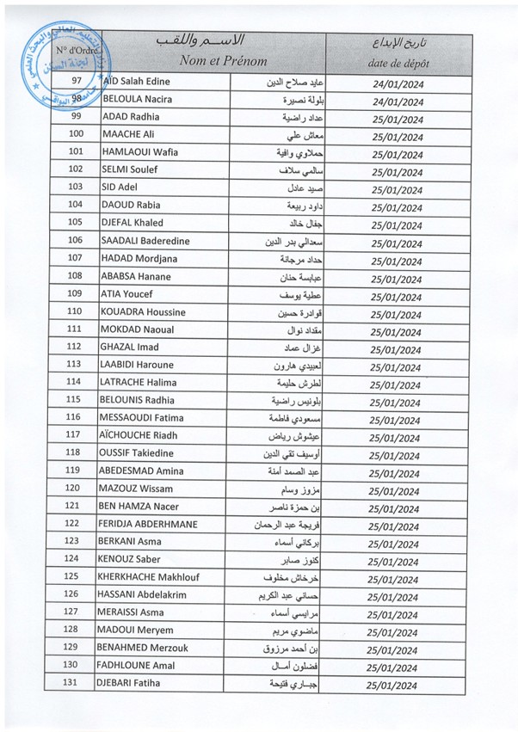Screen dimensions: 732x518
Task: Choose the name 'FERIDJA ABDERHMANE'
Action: [x=151, y=523]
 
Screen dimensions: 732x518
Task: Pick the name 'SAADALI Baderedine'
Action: [x=145, y=241]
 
